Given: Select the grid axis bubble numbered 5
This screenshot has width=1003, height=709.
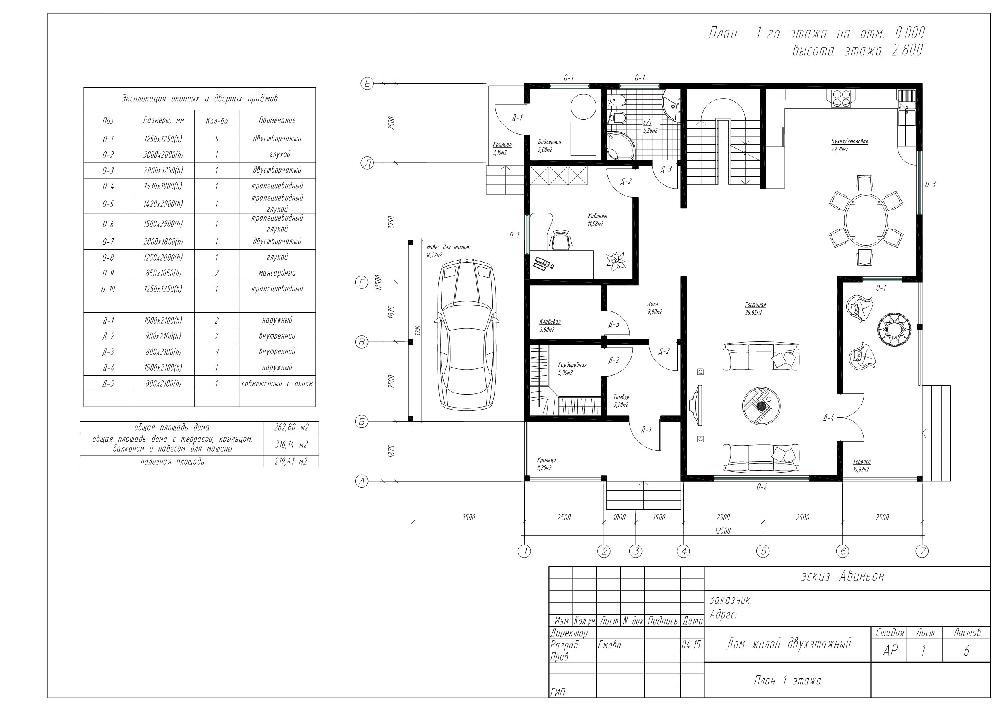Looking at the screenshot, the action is (763, 551).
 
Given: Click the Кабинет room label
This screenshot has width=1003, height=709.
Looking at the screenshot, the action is (597, 216).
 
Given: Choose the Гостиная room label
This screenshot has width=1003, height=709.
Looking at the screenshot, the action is (755, 305).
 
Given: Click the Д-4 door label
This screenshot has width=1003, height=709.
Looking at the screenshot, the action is (828, 418).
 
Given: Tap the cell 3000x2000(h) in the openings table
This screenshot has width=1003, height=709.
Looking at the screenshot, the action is (163, 155).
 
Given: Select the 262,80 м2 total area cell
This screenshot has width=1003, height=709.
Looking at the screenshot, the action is (291, 427).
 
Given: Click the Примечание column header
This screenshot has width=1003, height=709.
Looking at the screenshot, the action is (277, 120).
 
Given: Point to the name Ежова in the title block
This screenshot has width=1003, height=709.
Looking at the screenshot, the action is (609, 645).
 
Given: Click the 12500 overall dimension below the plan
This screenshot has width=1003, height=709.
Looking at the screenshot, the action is (723, 531).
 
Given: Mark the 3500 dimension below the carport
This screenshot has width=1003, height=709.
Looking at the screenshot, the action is (468, 518).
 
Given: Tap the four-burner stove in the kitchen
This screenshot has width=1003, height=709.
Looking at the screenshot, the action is (841, 98).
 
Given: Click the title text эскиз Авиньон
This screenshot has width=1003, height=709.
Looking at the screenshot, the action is (843, 576).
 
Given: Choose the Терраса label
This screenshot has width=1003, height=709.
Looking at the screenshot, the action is (862, 461).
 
